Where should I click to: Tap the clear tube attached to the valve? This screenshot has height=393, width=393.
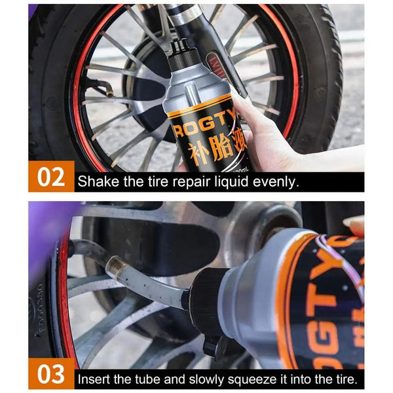pyautogui.click(x=164, y=288)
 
